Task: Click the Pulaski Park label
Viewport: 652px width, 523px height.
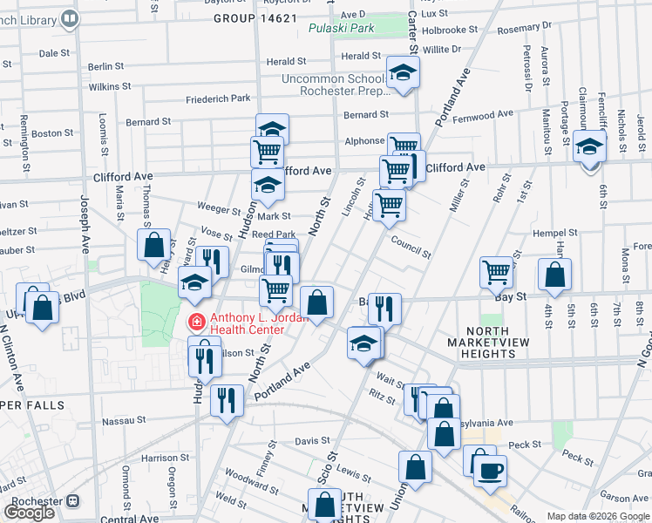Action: click(x=341, y=29)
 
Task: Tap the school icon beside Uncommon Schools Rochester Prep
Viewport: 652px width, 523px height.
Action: click(x=403, y=73)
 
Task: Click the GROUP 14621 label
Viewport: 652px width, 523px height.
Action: click(x=255, y=17)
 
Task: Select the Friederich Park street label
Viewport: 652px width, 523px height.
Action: click(x=218, y=98)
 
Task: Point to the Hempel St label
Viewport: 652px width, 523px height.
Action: click(x=555, y=234)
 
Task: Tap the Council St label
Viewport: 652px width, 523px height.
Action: click(x=411, y=247)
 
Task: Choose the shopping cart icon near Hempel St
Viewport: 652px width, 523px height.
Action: click(x=496, y=271)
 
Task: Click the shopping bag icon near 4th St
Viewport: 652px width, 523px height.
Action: click(x=555, y=275)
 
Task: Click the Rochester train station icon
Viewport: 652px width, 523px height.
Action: click(x=72, y=502)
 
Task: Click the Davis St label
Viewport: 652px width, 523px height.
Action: click(x=307, y=441)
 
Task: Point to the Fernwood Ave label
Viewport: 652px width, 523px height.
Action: click(x=488, y=115)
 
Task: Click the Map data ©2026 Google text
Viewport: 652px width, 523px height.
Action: click(x=598, y=516)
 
